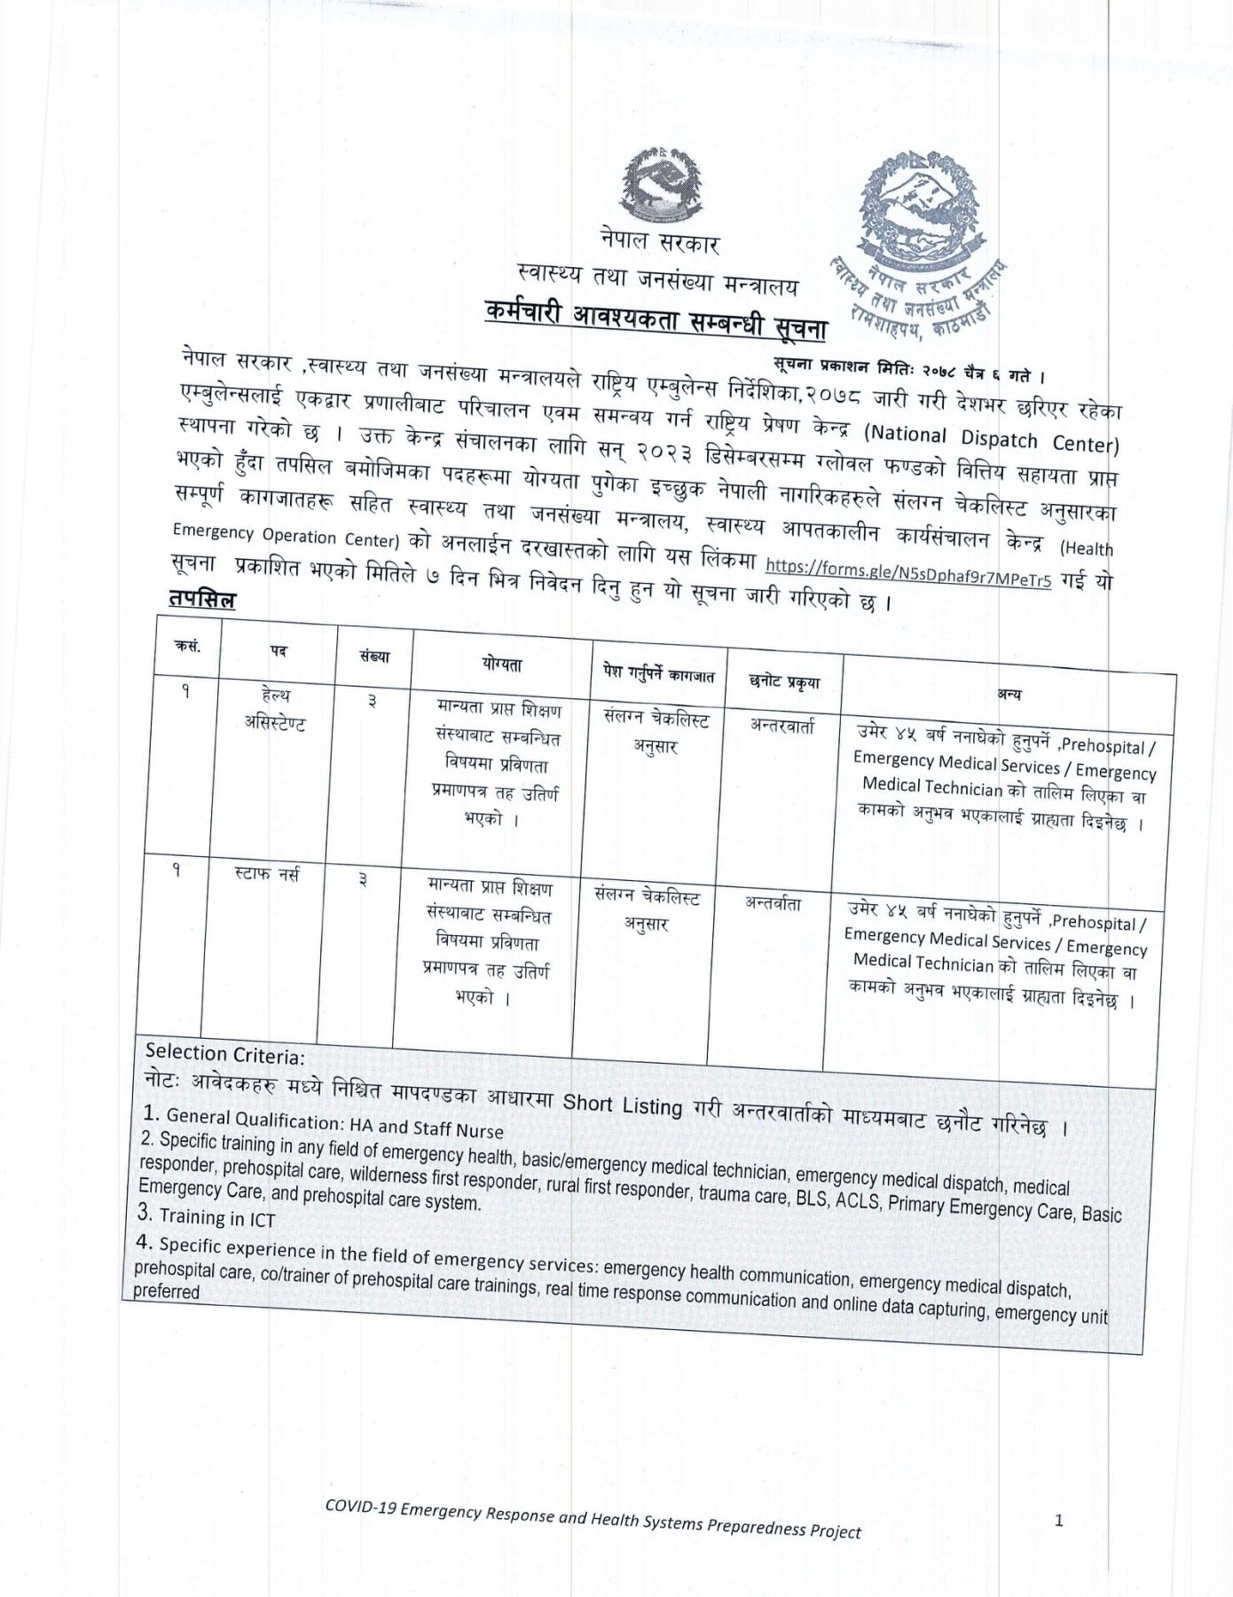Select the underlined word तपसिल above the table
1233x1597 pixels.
coord(202,601)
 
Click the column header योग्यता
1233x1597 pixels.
coord(502,664)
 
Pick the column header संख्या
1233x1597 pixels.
coord(374,657)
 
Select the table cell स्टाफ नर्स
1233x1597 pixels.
coord(267,875)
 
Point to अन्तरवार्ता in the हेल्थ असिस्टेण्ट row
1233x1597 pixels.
coord(782,726)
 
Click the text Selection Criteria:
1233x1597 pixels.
coord(225,1055)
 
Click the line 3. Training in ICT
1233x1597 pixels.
coord(206,1217)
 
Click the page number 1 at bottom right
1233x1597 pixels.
coord(1058,1521)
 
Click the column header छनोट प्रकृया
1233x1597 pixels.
coord(784,681)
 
